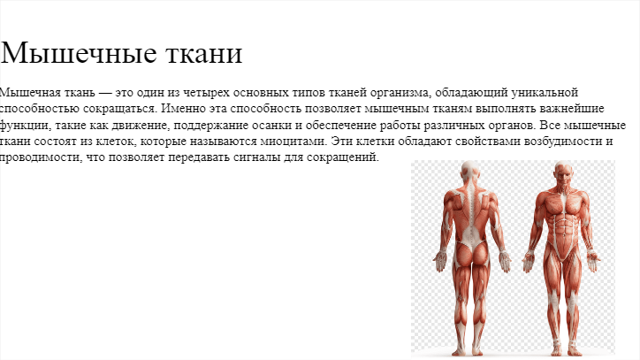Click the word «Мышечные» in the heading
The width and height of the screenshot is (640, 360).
tap(79, 54)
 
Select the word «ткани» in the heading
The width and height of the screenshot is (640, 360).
tap(205, 54)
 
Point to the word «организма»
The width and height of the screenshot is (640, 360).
tap(400, 93)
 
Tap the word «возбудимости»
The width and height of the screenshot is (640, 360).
tap(563, 142)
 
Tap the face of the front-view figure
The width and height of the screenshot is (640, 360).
tap(564, 173)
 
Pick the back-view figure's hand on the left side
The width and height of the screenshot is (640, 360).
tap(441, 261)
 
